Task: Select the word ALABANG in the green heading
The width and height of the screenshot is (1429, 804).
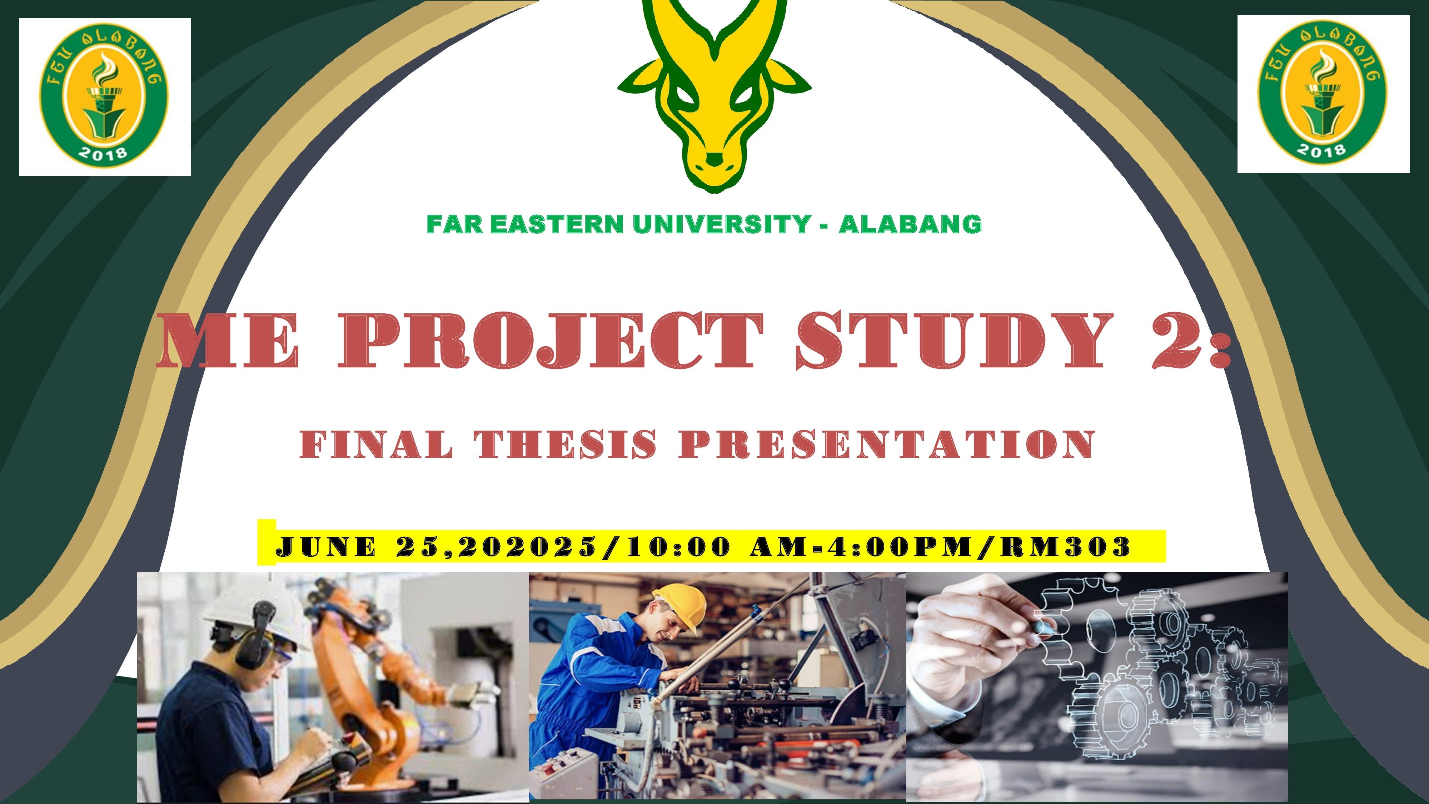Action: click(910, 224)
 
